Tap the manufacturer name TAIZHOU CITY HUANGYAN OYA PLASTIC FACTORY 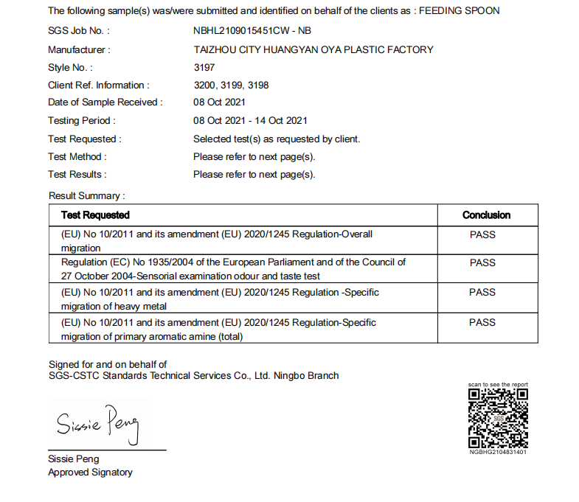pos(313,49)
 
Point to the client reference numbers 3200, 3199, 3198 pos(231,85)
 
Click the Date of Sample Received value pos(219,102)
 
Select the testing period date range pos(250,120)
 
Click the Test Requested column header pos(95,215)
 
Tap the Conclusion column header pos(486,215)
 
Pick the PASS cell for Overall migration pos(482,234)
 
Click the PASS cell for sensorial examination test pos(482,262)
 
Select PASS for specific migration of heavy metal pos(482,292)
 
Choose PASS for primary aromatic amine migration pos(482,322)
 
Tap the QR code pos(498,418)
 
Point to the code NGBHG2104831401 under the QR pos(498,452)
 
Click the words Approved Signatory pos(90,473)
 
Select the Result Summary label pos(87,196)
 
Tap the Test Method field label pos(77,156)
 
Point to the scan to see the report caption pos(498,385)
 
